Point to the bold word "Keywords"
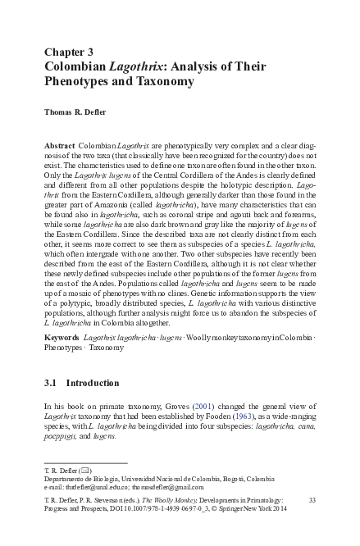tap(62, 337)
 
